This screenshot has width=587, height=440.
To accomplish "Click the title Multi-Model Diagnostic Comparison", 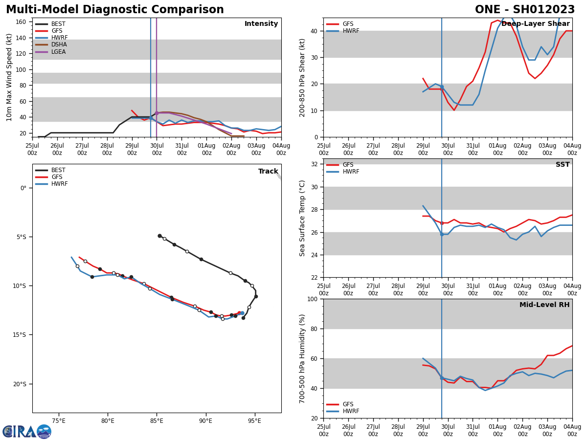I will tap(115, 10).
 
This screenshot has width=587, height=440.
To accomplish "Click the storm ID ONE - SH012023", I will tap(525, 10).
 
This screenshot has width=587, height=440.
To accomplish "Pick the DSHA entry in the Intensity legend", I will tap(59, 44).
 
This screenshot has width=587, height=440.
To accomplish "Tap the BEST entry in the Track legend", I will tap(58, 170).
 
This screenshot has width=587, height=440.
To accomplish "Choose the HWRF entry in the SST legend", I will tap(351, 172).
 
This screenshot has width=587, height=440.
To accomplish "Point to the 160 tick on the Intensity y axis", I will tap(21, 22).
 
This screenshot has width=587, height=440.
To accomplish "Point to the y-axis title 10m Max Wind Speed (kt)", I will tap(9, 77).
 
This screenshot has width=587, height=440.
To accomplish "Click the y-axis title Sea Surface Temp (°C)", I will tap(302, 218).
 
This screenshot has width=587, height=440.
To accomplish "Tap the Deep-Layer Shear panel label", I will tap(535, 24).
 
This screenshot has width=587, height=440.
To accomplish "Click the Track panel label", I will tap(268, 172).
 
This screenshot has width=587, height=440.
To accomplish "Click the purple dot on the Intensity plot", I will tap(157, 113).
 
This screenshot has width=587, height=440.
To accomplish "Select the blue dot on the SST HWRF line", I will tap(442, 234).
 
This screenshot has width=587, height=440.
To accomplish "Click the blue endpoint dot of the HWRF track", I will tap(242, 313).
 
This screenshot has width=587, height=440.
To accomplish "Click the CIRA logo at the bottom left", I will tap(27, 432).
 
